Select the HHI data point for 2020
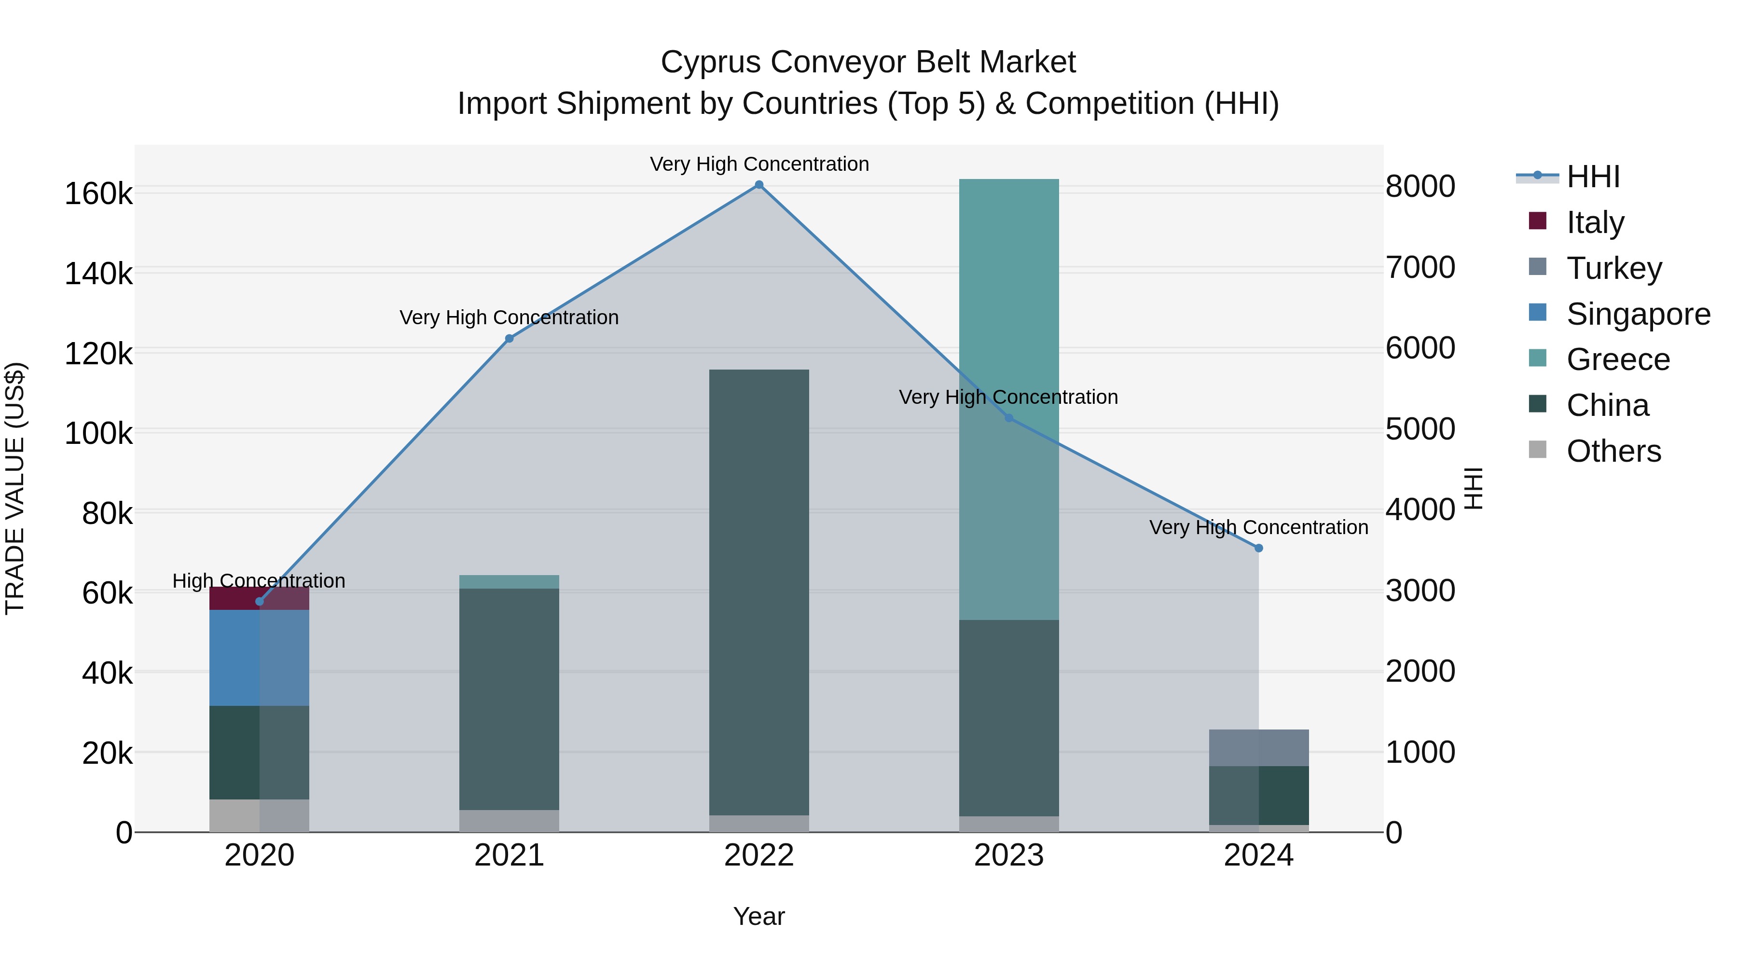(x=260, y=602)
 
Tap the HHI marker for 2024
(x=1258, y=548)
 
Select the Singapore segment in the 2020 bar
(x=259, y=658)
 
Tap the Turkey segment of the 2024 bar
(x=1258, y=748)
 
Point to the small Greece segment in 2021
(x=509, y=582)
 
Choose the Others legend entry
(x=1613, y=451)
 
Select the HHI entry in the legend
(x=1592, y=177)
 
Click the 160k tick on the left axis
(x=98, y=194)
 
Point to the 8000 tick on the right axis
(x=1420, y=187)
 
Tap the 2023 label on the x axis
(x=1009, y=855)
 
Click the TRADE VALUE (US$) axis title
(x=15, y=488)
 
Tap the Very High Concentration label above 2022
(x=759, y=164)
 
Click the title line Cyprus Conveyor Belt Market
(x=868, y=62)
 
